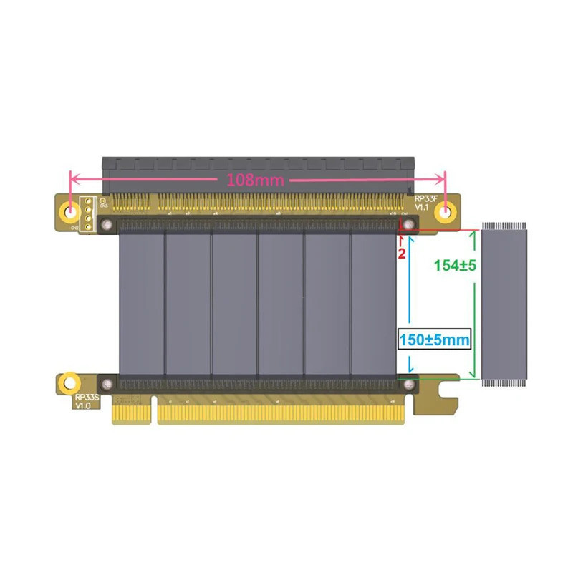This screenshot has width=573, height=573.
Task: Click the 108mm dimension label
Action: click(x=255, y=180)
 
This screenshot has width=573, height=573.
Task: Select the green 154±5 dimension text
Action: click(x=456, y=264)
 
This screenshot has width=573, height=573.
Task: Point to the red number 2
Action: click(x=402, y=253)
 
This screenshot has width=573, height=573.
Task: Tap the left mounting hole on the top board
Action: click(x=71, y=211)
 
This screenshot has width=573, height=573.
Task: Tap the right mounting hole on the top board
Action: click(x=446, y=211)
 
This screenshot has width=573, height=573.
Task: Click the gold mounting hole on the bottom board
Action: click(x=68, y=381)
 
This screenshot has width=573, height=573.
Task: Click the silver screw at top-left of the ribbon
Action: click(x=107, y=226)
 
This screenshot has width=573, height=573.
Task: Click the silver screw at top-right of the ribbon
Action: click(x=409, y=226)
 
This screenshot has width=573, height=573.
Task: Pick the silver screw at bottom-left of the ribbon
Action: click(x=107, y=385)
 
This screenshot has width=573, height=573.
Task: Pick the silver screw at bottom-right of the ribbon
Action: click(x=409, y=385)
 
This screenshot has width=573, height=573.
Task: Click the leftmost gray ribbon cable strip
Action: click(x=140, y=304)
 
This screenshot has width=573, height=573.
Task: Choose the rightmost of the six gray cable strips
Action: click(x=373, y=304)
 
